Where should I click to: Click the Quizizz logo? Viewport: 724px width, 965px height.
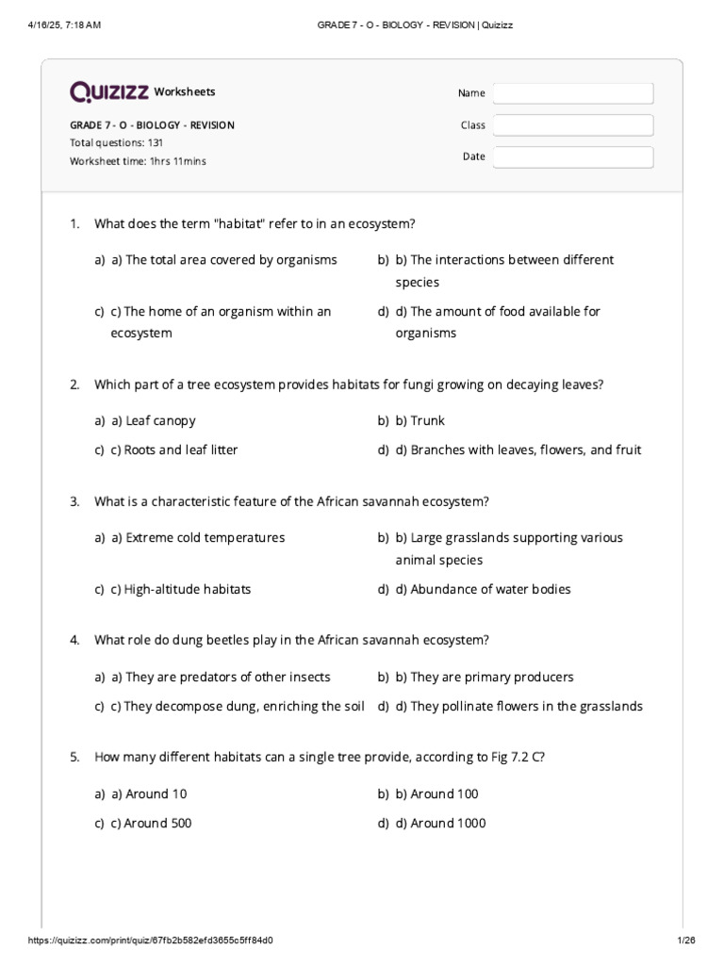tap(109, 91)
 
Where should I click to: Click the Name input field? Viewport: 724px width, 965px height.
tap(572, 93)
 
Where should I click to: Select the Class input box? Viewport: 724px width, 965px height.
tap(572, 125)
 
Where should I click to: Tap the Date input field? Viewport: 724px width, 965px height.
tap(572, 157)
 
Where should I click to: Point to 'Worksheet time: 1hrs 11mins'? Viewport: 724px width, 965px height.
tap(138, 161)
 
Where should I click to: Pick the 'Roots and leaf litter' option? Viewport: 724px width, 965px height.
tap(174, 450)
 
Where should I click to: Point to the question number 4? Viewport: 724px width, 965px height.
tap(74, 641)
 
